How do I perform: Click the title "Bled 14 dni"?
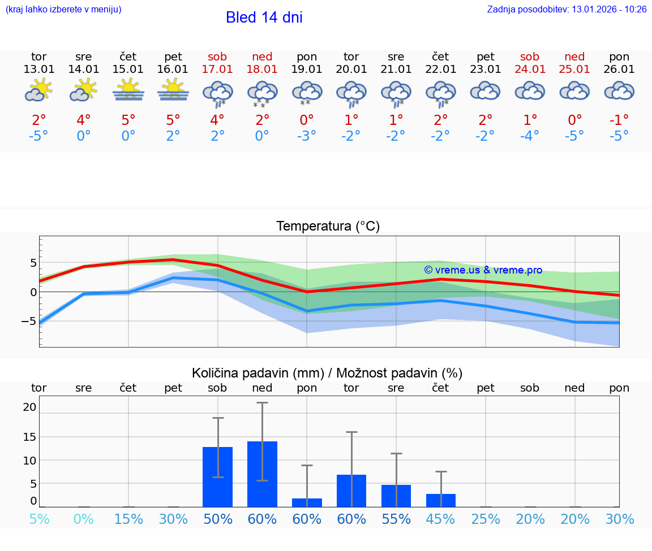coord(264,18)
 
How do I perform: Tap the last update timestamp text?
coord(567,10)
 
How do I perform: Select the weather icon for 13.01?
coord(38,90)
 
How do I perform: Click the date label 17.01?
coord(217,70)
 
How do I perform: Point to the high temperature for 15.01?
coord(128,120)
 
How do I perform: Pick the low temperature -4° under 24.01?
coord(530,136)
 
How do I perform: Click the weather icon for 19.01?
coord(307,92)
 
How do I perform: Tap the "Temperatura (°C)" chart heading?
coord(328,227)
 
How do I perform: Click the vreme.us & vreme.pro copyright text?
coord(483,270)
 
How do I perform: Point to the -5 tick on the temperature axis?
coord(28,321)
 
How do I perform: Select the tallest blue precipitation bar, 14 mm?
coord(262,474)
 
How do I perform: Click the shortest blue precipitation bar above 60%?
coord(307,502)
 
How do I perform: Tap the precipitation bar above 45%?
coord(440,500)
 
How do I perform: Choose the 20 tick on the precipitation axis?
coord(29,407)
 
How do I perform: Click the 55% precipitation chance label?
coord(396,519)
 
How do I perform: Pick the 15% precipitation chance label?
coord(128,519)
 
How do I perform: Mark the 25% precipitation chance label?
coord(485,519)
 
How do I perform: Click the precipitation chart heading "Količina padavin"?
coord(327,373)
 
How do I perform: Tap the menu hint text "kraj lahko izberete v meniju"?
coord(63,10)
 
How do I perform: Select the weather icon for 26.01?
coord(619,90)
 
